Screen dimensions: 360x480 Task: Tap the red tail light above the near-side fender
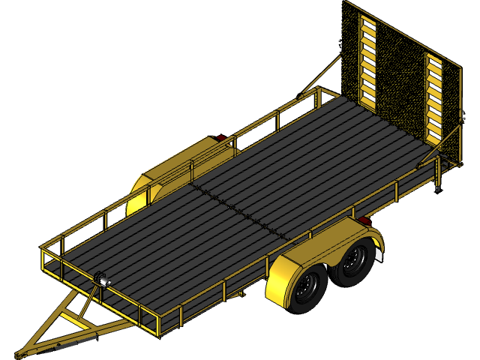(364, 220)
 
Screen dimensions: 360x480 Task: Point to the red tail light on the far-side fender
(220, 139)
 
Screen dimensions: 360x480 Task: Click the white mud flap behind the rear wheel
(379, 254)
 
